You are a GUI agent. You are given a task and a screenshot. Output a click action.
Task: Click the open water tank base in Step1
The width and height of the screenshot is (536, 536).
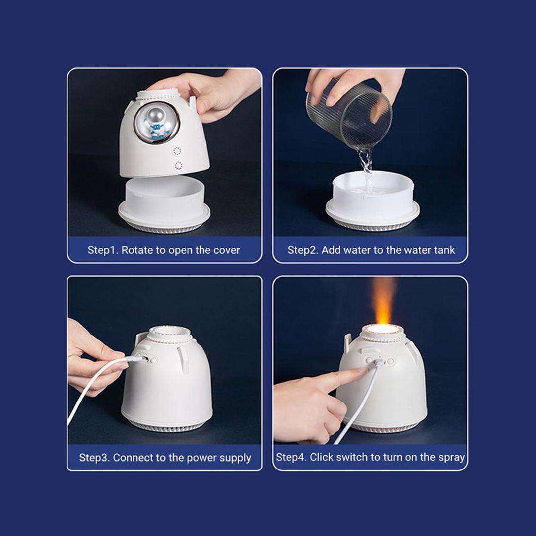(x=164, y=204)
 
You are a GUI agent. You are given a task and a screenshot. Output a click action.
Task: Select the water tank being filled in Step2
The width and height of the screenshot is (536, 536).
(x=372, y=201)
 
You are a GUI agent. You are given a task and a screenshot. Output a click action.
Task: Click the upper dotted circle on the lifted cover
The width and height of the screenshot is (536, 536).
(x=177, y=151)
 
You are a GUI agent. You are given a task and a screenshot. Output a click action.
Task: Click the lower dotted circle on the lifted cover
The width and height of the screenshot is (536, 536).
(x=178, y=166)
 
